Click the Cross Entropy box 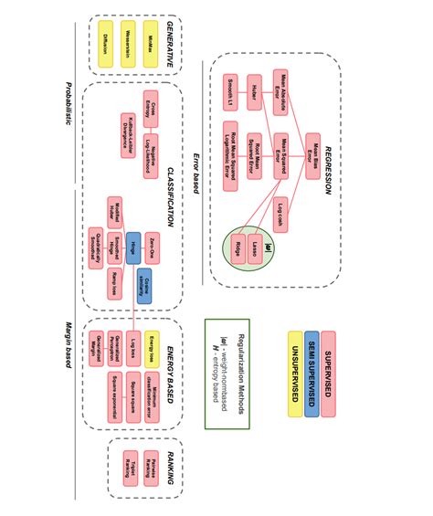click(x=153, y=109)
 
